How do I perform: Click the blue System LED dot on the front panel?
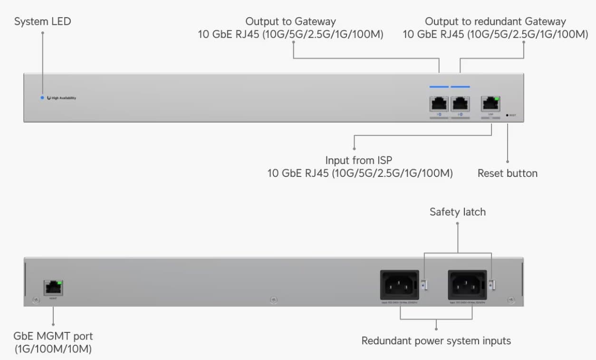42,98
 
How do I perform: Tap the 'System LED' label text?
42,22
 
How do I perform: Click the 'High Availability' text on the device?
64,98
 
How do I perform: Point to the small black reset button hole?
507,115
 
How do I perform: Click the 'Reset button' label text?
507,173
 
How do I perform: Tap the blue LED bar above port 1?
439,87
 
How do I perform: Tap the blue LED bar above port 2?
460,87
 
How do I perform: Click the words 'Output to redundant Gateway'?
495,21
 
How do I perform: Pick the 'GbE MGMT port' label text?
53,336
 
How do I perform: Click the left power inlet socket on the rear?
399,285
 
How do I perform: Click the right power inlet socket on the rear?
467,285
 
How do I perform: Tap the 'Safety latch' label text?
457,212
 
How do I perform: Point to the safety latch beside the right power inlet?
492,285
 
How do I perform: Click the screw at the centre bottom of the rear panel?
273,300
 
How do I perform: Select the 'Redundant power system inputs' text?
436,341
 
